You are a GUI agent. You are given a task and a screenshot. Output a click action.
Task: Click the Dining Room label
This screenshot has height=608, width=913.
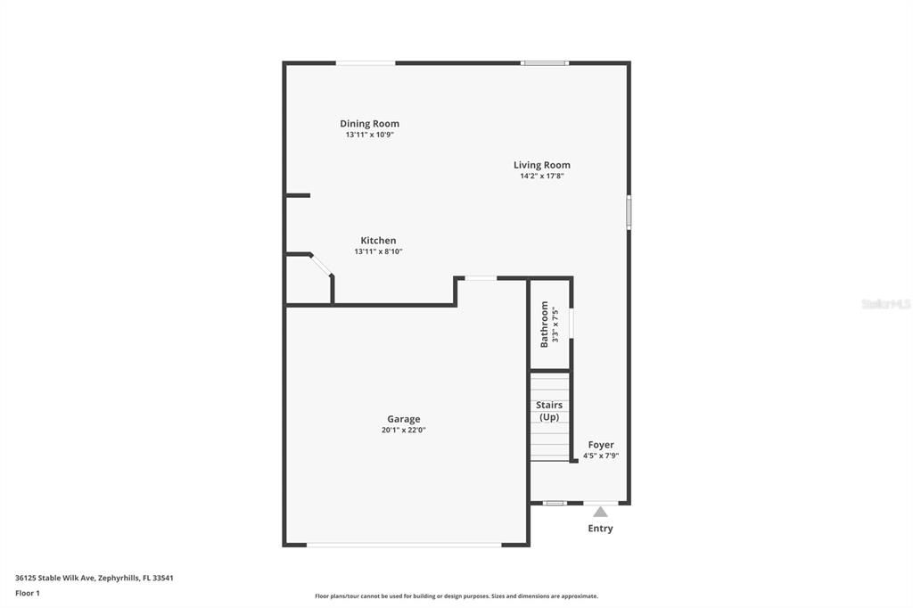369,124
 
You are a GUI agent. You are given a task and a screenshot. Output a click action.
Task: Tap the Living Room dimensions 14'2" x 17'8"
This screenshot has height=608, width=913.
541,177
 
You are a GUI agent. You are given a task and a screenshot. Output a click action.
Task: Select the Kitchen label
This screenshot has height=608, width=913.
378,241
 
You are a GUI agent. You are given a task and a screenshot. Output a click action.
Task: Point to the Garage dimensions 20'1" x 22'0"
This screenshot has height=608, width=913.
403,430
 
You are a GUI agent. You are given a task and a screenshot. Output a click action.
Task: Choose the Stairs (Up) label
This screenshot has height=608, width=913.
549,411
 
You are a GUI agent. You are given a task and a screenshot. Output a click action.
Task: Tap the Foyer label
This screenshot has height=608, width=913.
600,445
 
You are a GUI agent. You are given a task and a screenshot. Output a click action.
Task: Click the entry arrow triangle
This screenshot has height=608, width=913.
600,512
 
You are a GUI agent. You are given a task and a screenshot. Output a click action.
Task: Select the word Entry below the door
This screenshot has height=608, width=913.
600,529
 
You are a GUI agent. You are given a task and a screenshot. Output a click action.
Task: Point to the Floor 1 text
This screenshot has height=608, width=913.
28,593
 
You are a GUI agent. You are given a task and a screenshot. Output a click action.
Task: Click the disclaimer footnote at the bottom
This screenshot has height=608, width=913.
456,596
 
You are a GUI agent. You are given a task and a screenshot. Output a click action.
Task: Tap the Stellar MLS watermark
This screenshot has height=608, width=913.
885,304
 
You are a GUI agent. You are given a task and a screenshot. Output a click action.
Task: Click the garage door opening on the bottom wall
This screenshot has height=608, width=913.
404,544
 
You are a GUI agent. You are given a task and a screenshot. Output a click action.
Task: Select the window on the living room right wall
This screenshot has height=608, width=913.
629,212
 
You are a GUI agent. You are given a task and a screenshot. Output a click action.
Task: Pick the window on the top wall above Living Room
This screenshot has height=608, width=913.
545,62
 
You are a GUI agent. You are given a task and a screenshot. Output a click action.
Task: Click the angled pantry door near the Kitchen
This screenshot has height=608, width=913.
321,265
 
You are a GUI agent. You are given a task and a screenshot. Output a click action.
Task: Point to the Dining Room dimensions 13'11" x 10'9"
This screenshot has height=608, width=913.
369,136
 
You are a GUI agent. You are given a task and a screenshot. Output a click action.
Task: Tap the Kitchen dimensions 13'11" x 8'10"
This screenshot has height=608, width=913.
378,252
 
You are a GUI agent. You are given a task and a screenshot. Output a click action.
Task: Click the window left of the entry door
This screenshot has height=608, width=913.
555,503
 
